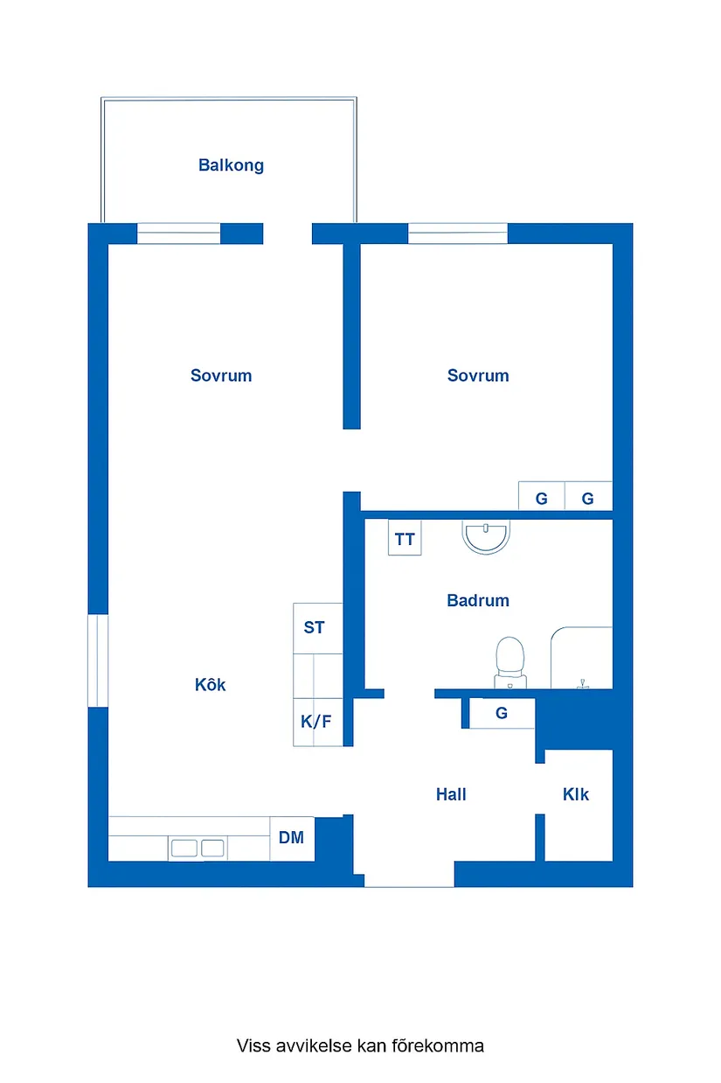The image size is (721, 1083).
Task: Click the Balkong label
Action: (x=231, y=165)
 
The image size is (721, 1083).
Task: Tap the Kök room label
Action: (x=210, y=685)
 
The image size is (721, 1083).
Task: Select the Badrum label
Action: (x=477, y=601)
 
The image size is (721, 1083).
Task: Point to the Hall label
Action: (x=451, y=794)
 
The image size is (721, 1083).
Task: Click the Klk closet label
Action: (x=576, y=794)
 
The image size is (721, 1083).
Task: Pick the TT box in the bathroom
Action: (x=405, y=539)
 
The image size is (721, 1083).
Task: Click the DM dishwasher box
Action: (x=291, y=838)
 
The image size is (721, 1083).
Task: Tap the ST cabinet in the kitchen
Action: (x=314, y=627)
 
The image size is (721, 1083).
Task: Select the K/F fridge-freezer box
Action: (x=315, y=723)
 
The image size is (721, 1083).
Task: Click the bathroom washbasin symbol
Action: (x=486, y=537)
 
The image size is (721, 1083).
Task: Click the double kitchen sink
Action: (x=198, y=847)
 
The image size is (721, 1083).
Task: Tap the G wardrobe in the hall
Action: (x=502, y=713)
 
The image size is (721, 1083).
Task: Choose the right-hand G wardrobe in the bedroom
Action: (x=588, y=499)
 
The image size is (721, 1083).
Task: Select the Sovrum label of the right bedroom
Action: (x=478, y=376)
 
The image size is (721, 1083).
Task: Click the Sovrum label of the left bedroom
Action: (x=221, y=376)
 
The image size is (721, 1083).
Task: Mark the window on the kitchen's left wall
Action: (x=97, y=660)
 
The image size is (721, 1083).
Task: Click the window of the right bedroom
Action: (x=457, y=234)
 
